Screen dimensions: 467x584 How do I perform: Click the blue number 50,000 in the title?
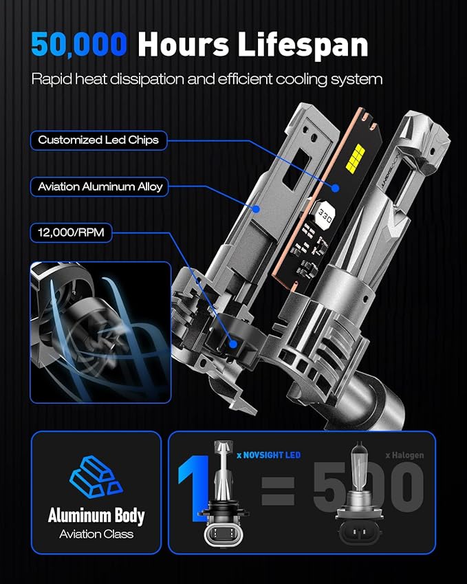(79, 44)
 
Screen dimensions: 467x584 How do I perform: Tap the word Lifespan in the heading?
(303, 45)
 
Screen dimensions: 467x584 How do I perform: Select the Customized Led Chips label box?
(98, 140)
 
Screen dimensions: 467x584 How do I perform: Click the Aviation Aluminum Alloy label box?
(99, 186)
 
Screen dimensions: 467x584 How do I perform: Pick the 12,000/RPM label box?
(71, 232)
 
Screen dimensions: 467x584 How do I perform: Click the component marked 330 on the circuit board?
(325, 215)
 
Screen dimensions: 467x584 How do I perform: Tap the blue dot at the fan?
(233, 344)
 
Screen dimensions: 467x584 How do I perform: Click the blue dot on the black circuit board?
(335, 188)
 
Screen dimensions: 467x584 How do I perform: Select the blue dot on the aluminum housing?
(255, 209)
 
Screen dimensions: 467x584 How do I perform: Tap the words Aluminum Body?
(96, 515)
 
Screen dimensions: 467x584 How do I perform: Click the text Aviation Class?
(96, 534)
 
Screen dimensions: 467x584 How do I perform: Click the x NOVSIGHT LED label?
(268, 455)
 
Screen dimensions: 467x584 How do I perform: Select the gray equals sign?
(278, 491)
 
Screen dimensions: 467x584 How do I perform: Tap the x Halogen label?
(404, 455)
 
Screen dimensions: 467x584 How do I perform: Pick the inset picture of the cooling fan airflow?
(100, 332)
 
